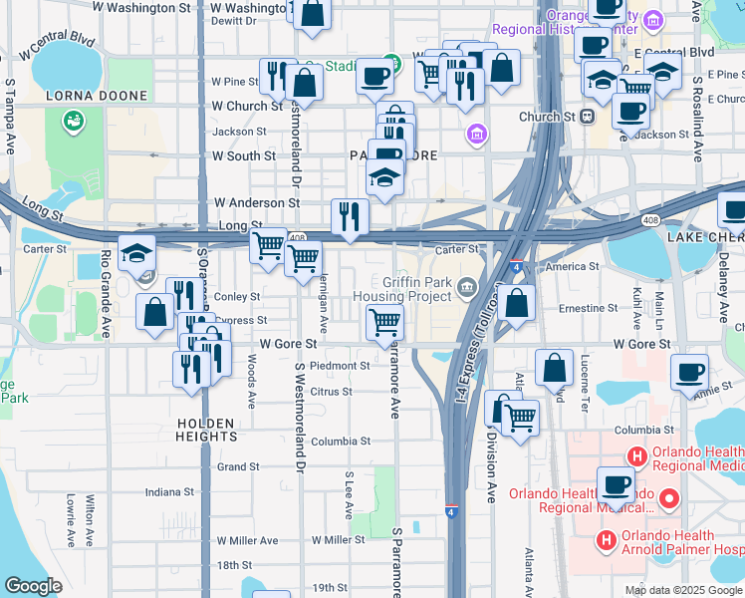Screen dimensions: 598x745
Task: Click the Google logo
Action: [33, 586]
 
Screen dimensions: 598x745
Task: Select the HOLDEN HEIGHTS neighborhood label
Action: [206, 430]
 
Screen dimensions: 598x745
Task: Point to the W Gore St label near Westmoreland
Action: [288, 344]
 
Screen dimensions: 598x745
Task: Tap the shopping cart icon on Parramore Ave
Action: [384, 323]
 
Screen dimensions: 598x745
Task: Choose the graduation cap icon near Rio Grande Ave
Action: [136, 253]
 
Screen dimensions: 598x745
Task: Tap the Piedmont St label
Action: [340, 366]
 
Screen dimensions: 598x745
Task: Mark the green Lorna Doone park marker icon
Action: [72, 122]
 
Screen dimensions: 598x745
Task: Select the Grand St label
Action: [238, 466]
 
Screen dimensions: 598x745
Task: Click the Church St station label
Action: [549, 117]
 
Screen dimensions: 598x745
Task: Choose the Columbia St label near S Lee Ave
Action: [340, 441]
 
